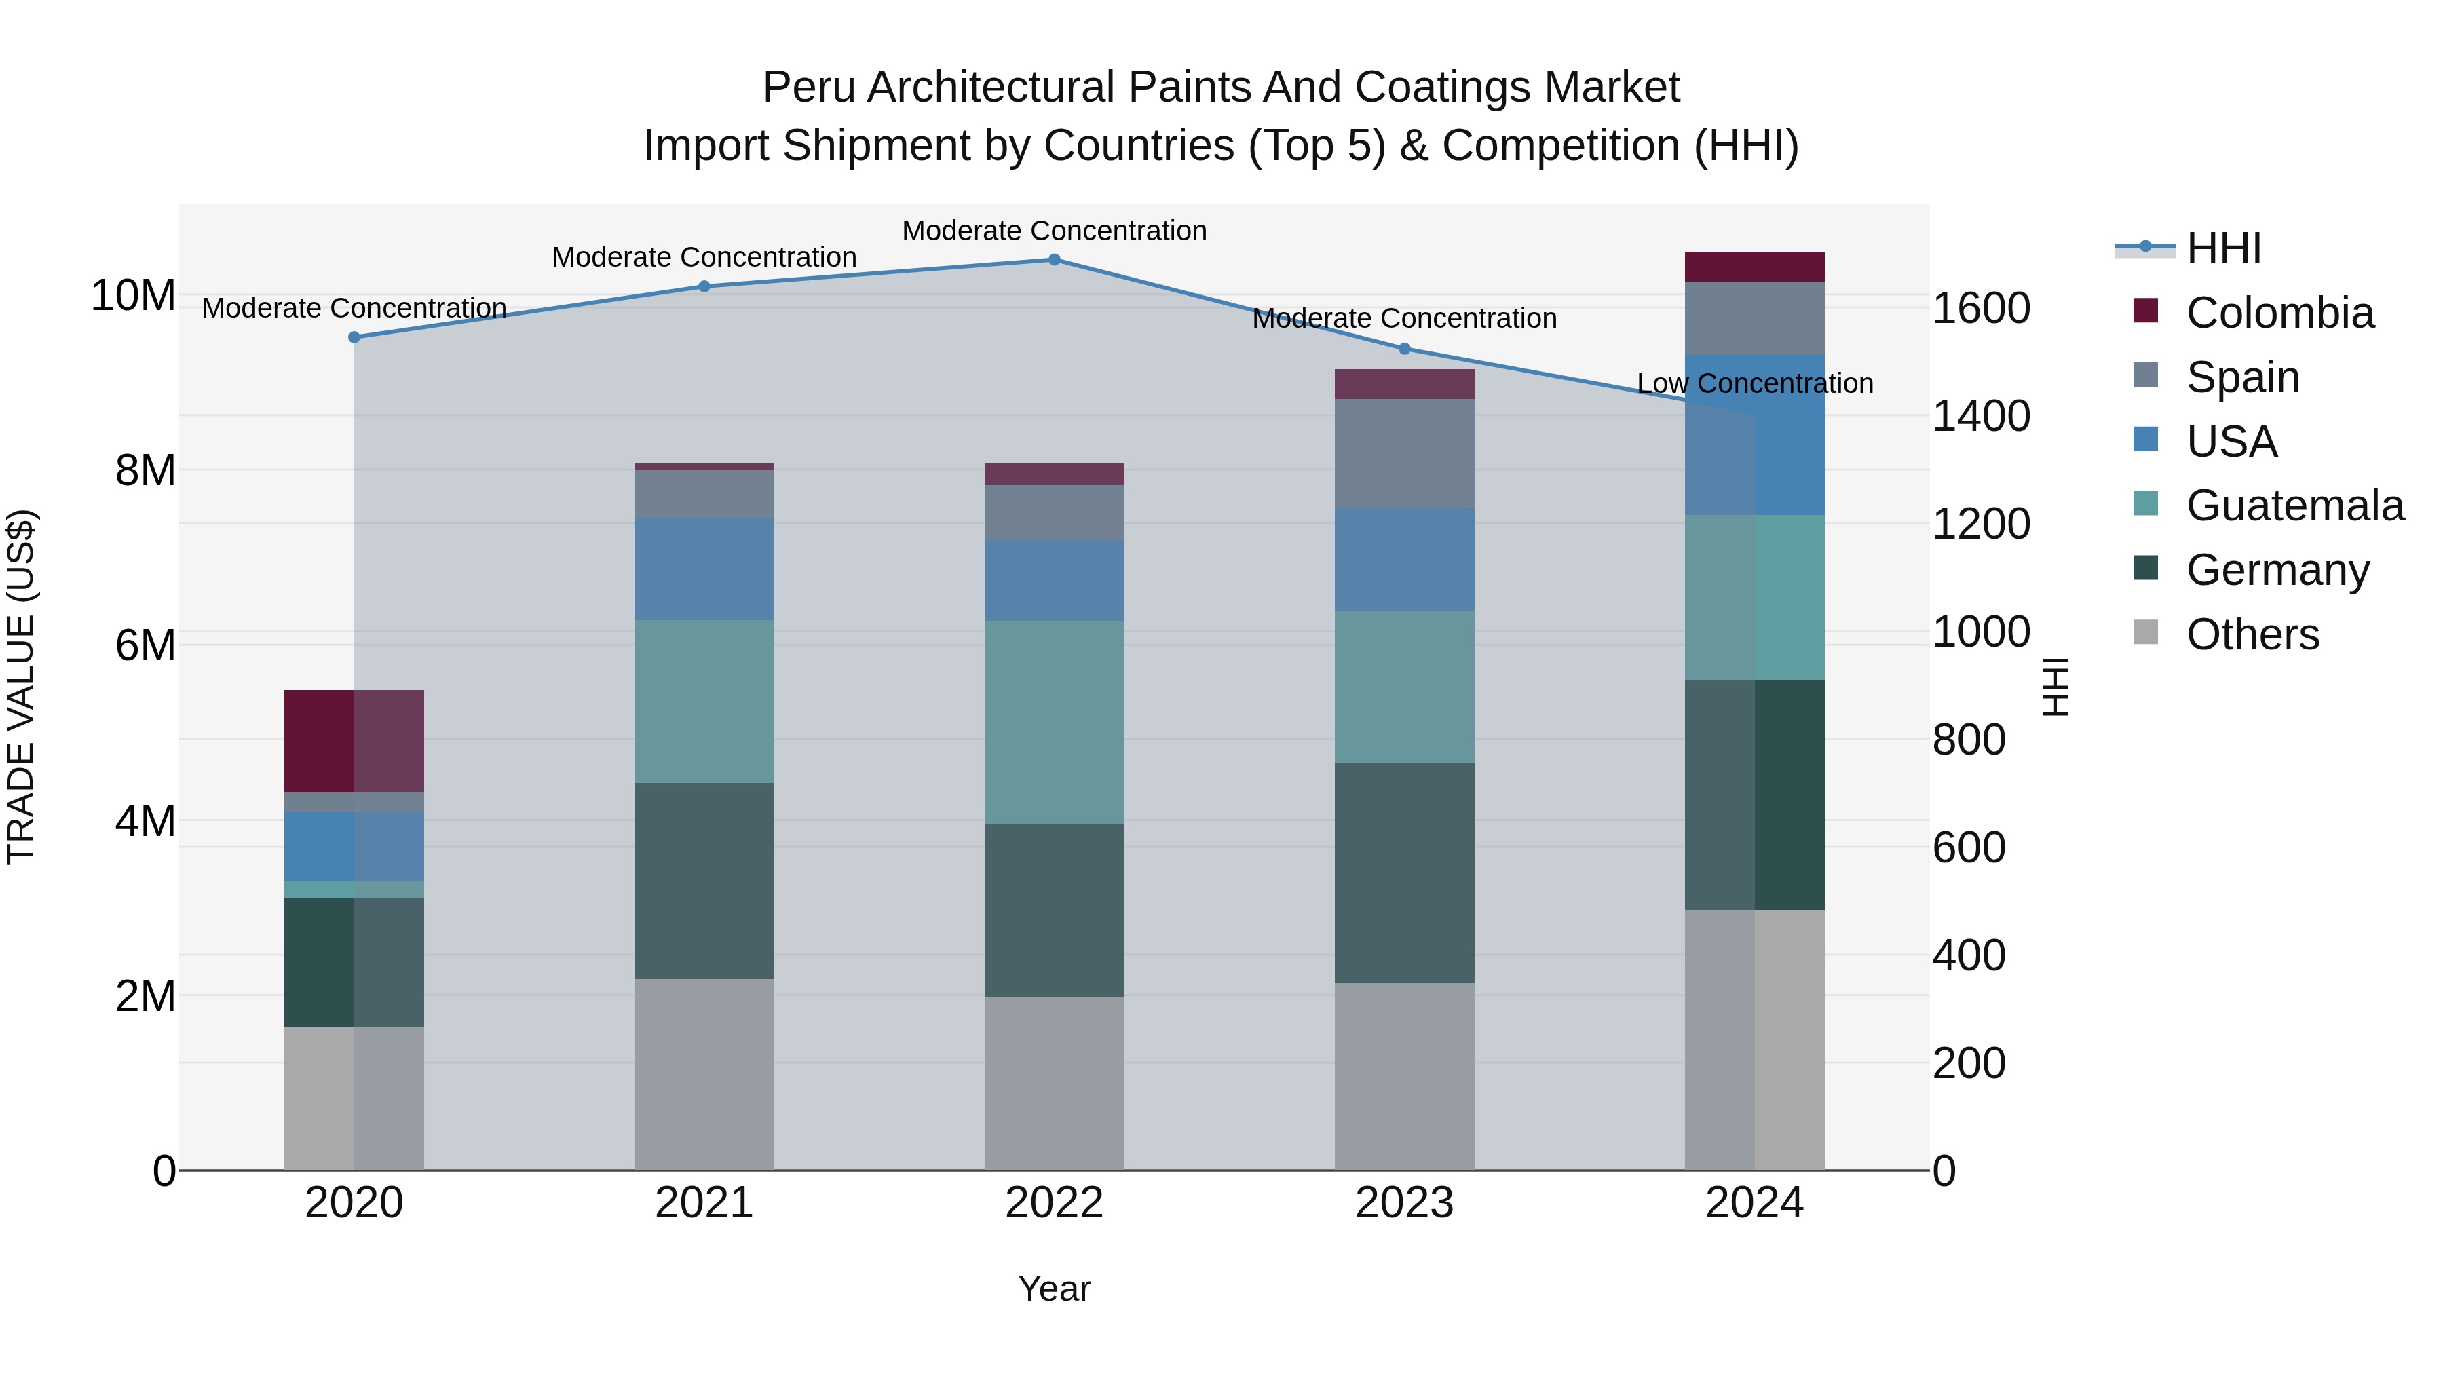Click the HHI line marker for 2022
coord(1054,260)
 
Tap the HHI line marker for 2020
coord(354,338)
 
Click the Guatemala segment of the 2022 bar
coord(1054,722)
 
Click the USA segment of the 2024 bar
coord(1754,435)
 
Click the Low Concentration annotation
coord(1754,384)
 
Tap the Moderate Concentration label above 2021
coord(704,258)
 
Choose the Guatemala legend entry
coord(2294,505)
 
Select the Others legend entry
coord(2252,634)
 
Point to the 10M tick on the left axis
coord(133,296)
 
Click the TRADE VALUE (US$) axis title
coord(21,687)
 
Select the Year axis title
coord(1054,1290)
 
